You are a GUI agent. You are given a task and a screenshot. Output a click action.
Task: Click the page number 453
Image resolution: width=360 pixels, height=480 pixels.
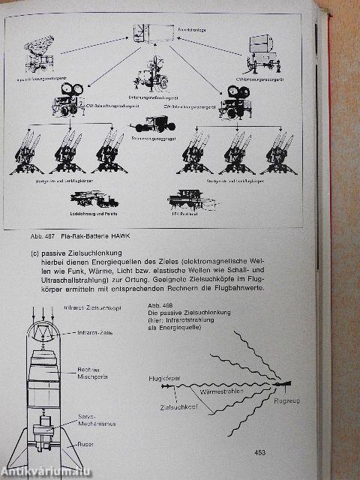pos(259,452)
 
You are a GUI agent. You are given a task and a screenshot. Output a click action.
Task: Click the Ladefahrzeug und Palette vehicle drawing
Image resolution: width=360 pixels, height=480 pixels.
pos(93,200)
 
